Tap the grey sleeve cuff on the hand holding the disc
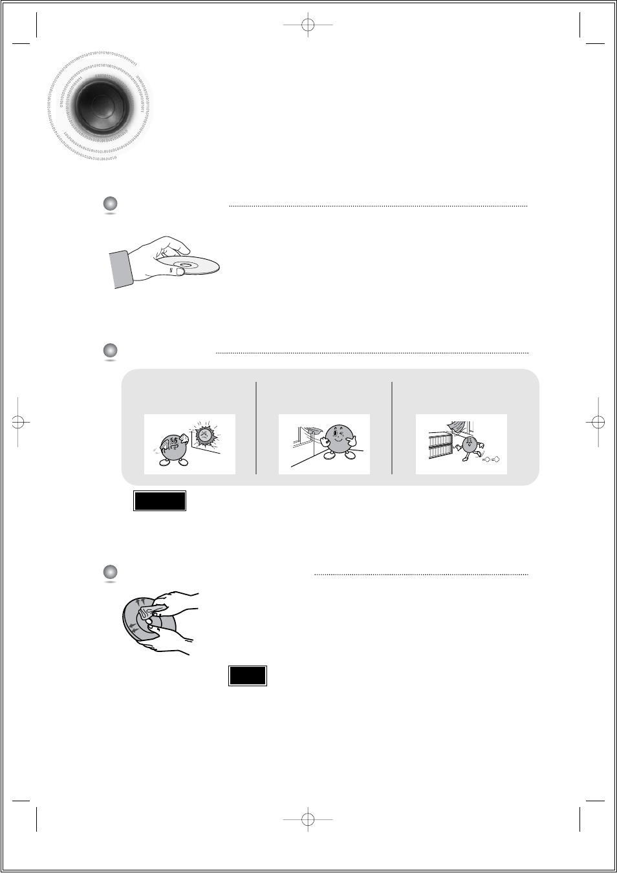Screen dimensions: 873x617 coord(122,269)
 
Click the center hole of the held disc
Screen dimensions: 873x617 coord(187,265)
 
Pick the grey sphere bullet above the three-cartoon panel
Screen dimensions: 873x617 coord(110,350)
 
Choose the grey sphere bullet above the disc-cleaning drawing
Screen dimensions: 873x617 coord(110,572)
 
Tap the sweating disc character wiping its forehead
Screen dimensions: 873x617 coord(171,448)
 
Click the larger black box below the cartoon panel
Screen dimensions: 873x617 coord(160,501)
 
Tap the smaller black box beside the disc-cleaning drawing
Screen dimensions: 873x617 coord(248,675)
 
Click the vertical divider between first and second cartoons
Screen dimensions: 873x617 coord(257,428)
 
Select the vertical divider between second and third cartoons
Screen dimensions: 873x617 coord(392,428)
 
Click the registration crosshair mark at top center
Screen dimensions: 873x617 coord(308,25)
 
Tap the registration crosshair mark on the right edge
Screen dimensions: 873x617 coord(598,422)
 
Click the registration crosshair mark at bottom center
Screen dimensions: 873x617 coord(308,819)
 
